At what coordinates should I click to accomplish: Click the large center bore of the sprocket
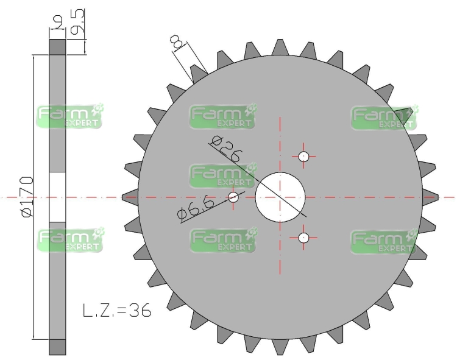[280, 197]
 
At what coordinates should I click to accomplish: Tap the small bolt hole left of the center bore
[233, 197]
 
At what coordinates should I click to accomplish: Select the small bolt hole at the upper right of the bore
[304, 156]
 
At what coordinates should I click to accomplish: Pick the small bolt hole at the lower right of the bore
[304, 238]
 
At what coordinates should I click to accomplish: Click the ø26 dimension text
[225, 149]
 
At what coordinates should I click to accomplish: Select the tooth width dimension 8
[177, 43]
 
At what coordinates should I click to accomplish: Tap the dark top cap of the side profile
[57, 47]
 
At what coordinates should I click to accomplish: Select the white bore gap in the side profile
[57, 197]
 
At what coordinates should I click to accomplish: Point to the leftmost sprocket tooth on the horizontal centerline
[129, 197]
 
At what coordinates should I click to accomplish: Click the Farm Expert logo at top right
[384, 116]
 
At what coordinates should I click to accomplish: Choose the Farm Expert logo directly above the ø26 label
[222, 116]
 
